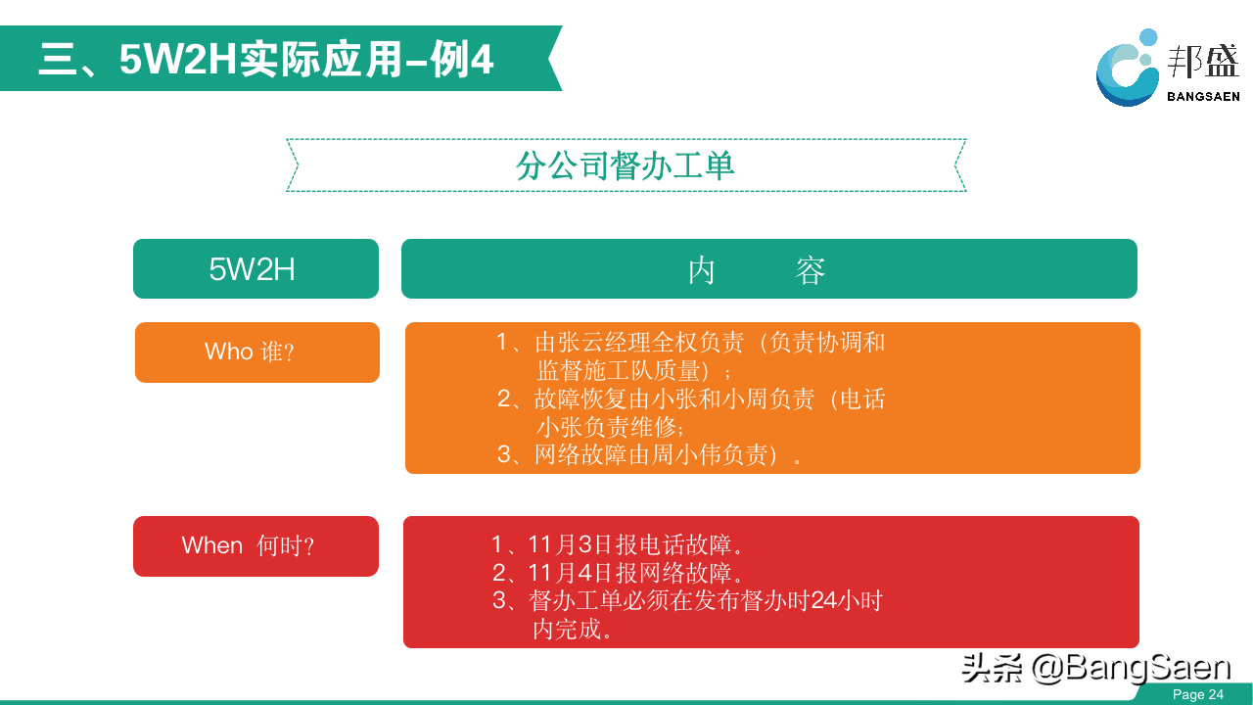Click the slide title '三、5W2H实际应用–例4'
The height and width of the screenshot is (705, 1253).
point(266,59)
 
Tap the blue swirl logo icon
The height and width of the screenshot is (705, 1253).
point(1127,69)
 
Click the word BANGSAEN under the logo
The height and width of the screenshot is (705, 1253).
point(1203,97)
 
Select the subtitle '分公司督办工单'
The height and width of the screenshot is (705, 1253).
point(625,165)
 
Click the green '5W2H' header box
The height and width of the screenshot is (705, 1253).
point(255,268)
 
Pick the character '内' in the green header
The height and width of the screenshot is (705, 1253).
point(702,270)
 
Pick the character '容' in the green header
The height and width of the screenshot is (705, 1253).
point(810,270)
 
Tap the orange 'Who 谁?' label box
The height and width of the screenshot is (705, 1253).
point(257,352)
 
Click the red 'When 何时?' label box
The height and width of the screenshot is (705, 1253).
point(255,546)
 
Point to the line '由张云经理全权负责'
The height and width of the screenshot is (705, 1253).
point(639,342)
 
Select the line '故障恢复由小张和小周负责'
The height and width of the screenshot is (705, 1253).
point(674,399)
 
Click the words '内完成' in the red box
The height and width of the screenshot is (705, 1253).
point(567,629)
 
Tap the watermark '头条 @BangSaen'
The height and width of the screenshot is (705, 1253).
point(1095,668)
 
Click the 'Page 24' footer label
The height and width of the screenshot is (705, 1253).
point(1197,694)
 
